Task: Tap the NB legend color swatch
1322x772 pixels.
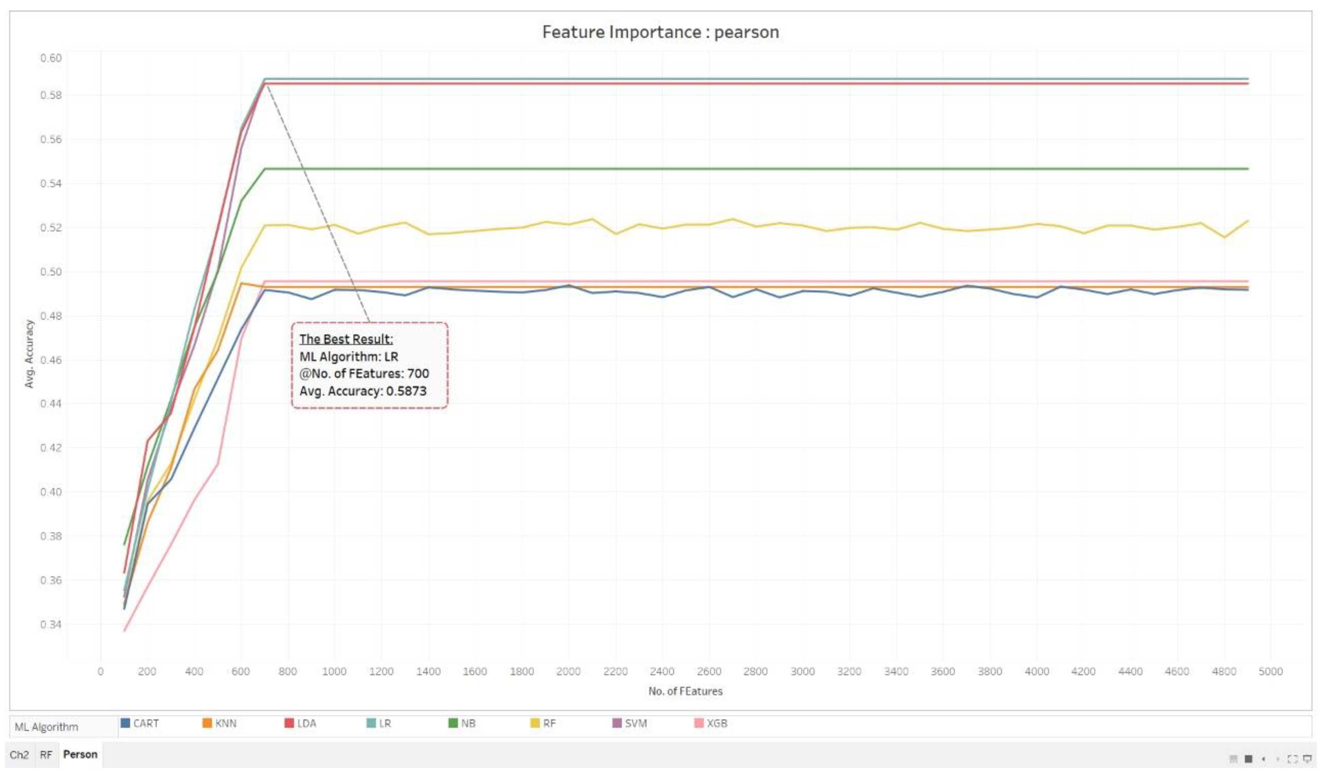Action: [x=453, y=723]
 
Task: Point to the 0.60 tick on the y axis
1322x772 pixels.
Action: [x=51, y=58]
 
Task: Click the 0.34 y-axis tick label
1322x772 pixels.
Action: [x=51, y=624]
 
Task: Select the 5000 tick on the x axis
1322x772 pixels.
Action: [x=1270, y=671]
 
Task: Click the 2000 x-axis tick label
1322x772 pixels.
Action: [x=568, y=671]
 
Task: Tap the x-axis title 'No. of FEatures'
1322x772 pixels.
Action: [x=685, y=691]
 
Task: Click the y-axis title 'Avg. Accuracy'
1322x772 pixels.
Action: [x=29, y=354]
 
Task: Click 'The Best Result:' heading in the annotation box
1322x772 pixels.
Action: [x=346, y=339]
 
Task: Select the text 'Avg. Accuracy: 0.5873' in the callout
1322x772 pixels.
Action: [x=362, y=391]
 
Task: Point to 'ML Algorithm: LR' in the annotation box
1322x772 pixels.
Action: [x=348, y=357]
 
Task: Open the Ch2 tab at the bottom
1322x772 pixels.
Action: [x=19, y=755]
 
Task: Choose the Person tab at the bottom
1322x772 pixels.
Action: [x=80, y=754]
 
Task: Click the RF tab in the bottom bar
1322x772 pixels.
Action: [x=46, y=755]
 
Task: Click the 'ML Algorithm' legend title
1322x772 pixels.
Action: [x=46, y=727]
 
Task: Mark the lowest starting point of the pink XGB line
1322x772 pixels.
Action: [x=124, y=631]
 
